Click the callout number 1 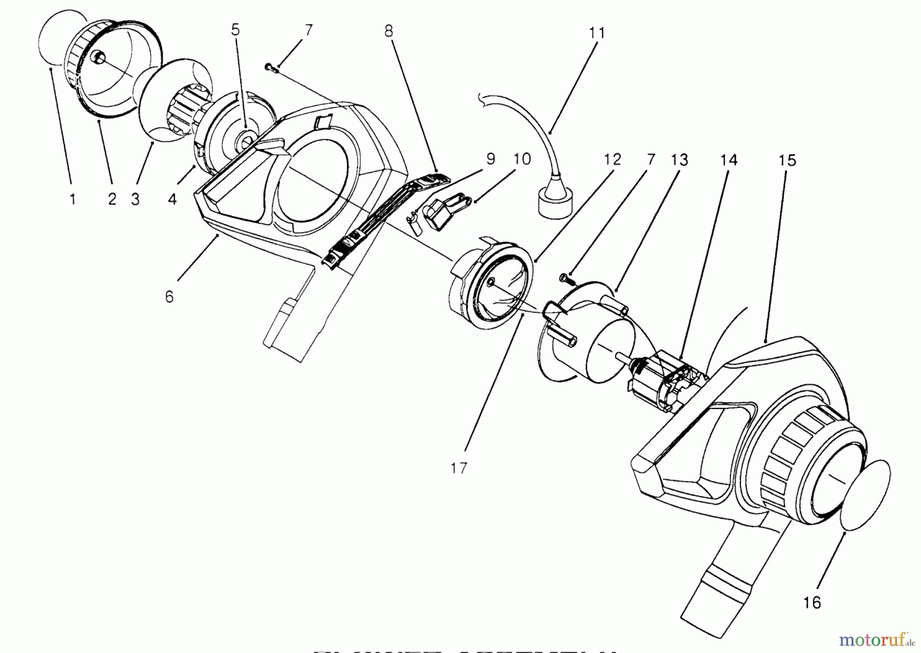(x=73, y=199)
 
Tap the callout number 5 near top (x=235, y=30)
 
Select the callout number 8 (x=388, y=31)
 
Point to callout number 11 (x=597, y=33)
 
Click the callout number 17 (x=459, y=468)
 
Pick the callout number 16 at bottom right (x=812, y=602)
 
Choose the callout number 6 (x=169, y=297)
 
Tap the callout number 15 (x=787, y=161)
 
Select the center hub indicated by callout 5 (x=246, y=139)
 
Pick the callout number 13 (x=679, y=160)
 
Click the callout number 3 (x=135, y=199)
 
